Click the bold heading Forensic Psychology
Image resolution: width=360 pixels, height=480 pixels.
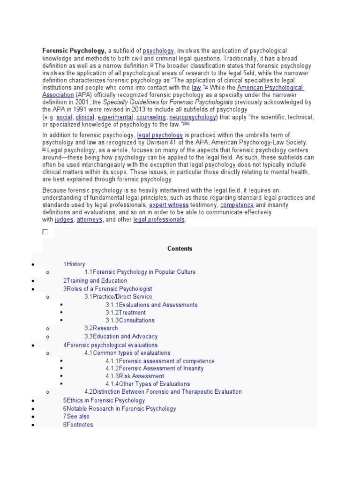(74, 51)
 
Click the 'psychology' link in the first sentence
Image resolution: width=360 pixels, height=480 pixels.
(158, 51)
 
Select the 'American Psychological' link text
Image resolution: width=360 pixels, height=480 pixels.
(270, 88)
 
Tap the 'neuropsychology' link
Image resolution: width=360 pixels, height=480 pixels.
(193, 117)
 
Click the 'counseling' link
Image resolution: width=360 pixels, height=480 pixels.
(151, 117)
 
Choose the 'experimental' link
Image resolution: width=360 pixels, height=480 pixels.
(115, 117)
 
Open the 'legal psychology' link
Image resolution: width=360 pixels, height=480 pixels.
(160, 135)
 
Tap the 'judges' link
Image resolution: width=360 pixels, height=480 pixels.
(64, 220)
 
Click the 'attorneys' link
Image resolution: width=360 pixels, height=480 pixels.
(89, 220)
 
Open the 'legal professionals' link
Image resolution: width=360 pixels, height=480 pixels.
(159, 220)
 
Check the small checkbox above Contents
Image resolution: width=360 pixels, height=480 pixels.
(45, 232)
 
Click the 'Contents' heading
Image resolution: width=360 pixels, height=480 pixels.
(180, 249)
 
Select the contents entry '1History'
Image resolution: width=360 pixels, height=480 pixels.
(74, 264)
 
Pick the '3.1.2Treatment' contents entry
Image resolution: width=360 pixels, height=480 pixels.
(126, 313)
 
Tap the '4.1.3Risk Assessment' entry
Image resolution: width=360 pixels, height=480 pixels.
(135, 376)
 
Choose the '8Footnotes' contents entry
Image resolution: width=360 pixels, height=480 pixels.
(78, 425)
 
